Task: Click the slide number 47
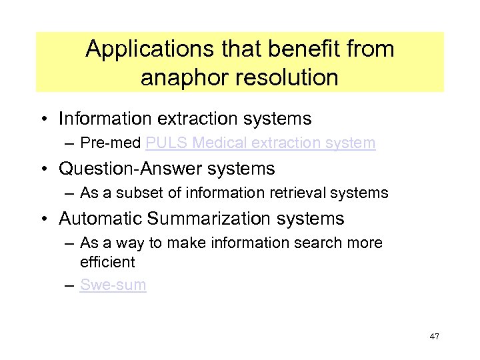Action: coord(435,337)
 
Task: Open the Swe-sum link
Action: coord(113,285)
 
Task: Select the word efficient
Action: coord(107,262)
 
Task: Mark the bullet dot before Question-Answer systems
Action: coord(49,169)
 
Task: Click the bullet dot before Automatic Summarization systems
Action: coord(49,219)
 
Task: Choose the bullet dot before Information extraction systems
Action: coord(49,119)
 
